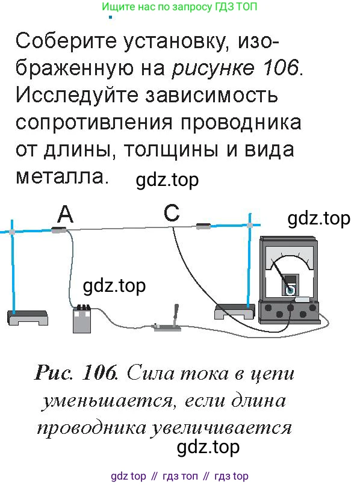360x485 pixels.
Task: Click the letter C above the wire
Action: pyautogui.click(x=172, y=212)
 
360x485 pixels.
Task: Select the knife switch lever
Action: pyautogui.click(x=176, y=315)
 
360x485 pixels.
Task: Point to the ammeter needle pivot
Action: pyautogui.click(x=290, y=291)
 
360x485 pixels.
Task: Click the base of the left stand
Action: pyautogui.click(x=28, y=318)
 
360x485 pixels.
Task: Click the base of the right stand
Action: pyautogui.click(x=234, y=312)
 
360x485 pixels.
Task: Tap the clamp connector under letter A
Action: pyautogui.click(x=59, y=230)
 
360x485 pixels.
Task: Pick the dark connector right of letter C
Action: pyautogui.click(x=203, y=226)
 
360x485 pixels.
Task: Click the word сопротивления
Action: pyautogui.click(x=94, y=123)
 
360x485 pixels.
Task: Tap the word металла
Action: pyautogui.click(x=62, y=178)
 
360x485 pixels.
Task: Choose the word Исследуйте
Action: pyautogui.click(x=77, y=96)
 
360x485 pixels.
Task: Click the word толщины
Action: pyautogui.click(x=171, y=150)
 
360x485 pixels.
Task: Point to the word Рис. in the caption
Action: pyautogui.click(x=54, y=372)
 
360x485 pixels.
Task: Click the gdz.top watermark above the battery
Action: pyautogui.click(x=114, y=286)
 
